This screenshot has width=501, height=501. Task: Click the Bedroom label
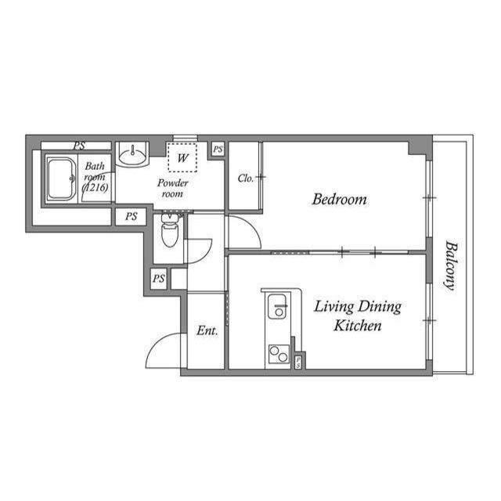(339, 200)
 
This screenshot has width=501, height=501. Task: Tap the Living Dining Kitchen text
(357, 315)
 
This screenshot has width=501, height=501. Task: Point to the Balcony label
(449, 265)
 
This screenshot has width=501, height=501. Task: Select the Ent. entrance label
(207, 331)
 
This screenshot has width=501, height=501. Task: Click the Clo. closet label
(245, 178)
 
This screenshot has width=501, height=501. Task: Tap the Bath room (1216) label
(96, 177)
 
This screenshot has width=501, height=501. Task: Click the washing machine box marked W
(183, 157)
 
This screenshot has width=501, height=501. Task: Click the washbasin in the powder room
(133, 153)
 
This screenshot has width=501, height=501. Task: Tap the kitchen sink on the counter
(278, 308)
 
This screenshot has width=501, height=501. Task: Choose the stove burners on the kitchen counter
(278, 354)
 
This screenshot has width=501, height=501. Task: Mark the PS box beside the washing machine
(218, 149)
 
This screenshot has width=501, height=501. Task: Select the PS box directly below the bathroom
(131, 217)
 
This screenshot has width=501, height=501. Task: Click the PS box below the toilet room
(159, 279)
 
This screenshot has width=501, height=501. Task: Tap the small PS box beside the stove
(299, 362)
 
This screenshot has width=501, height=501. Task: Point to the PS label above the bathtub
(79, 146)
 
